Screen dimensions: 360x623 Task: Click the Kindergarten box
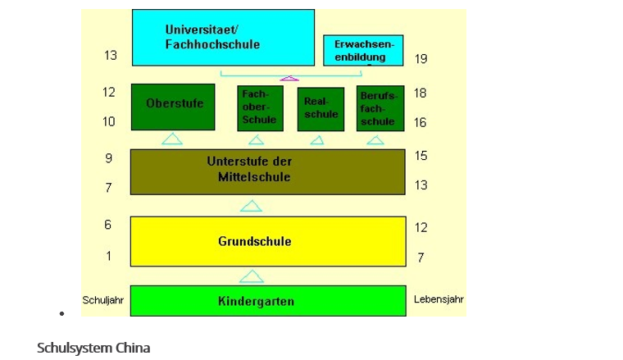268,301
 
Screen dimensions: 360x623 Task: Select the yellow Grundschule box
268,241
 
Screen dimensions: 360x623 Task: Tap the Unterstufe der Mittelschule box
268,171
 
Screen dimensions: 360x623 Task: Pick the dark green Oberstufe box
173,107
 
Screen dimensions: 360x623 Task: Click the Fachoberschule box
260,107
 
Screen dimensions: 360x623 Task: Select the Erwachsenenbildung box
363,50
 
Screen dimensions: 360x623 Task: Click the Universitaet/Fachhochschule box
223,38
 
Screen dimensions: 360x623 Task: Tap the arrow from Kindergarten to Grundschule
252,277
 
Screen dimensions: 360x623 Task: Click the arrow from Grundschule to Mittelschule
251,206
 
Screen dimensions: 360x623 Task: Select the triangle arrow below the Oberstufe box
172,139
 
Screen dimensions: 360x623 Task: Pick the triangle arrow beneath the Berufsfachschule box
375,140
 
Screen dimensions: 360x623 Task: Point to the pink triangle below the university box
289,78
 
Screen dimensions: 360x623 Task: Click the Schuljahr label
102,300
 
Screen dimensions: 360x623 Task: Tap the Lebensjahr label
439,299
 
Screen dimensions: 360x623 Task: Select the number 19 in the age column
421,59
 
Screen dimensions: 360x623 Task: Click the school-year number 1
108,257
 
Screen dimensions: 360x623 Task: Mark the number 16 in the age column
421,122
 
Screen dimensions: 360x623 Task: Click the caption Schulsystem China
93,348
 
